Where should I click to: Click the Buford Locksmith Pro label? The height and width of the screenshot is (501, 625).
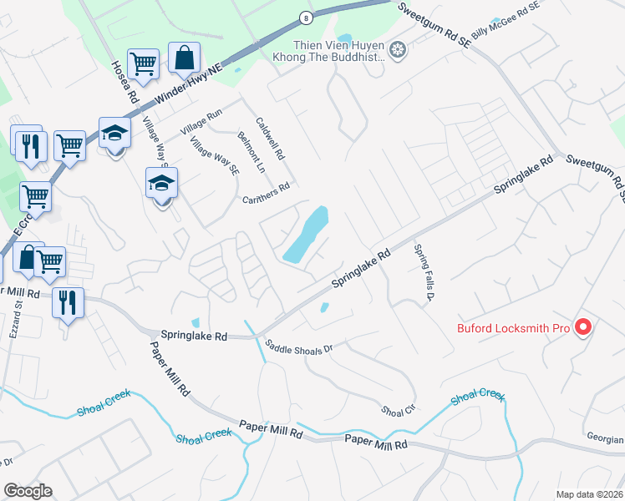click(513, 328)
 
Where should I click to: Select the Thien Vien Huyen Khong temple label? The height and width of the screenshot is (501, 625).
click(338, 51)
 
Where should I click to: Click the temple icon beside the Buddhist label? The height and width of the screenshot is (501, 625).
click(399, 51)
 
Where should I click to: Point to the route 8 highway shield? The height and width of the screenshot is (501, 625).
click(307, 18)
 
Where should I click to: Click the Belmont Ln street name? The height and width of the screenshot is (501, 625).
click(251, 151)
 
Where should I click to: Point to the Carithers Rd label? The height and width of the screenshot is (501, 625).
click(266, 194)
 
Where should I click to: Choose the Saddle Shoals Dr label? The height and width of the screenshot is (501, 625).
click(298, 345)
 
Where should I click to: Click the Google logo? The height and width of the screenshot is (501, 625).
click(28, 491)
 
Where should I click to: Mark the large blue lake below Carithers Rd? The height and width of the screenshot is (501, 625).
click(305, 235)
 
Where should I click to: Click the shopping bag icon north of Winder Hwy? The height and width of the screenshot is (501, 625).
click(184, 58)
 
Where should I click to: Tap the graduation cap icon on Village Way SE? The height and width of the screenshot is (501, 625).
click(161, 184)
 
